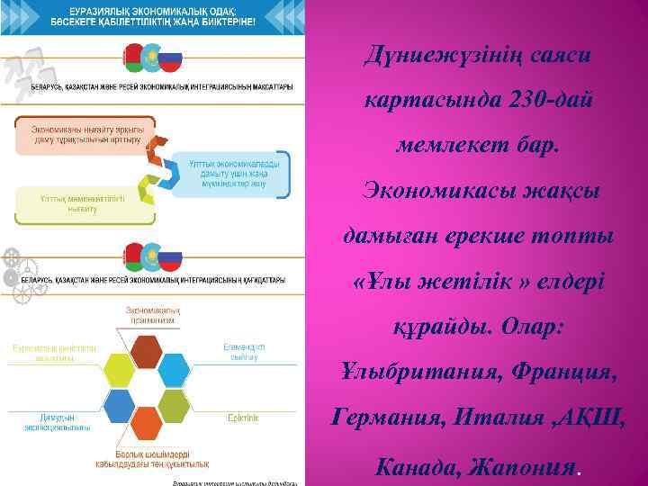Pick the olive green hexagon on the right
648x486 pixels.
click(175, 405)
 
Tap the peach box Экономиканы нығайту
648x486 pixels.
click(76, 134)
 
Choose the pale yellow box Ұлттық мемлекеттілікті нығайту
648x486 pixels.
click(68, 202)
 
